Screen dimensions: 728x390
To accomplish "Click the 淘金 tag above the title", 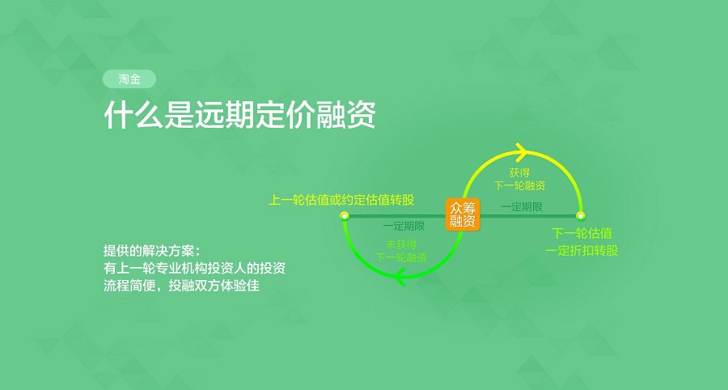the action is tap(129, 79).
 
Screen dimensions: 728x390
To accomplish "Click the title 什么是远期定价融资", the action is tap(239, 114).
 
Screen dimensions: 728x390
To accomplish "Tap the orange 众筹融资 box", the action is tap(463, 214).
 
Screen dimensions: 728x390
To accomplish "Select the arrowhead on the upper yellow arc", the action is tap(522, 150).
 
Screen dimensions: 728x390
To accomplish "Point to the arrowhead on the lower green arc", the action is tap(400, 278).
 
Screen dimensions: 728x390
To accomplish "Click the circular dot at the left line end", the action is tap(345, 216).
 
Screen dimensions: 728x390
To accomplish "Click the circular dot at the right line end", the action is tap(580, 216).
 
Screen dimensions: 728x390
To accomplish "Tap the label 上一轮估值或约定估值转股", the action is tap(341, 200).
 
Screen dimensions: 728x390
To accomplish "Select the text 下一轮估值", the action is tap(582, 233).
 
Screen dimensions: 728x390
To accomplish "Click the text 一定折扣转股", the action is tap(582, 251).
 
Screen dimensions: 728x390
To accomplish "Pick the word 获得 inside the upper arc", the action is tap(519, 172).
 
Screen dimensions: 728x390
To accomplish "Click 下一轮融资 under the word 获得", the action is tap(519, 186).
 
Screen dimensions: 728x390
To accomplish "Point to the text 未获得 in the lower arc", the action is tap(400, 244).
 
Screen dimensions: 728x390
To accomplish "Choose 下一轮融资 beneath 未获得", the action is tap(400, 257).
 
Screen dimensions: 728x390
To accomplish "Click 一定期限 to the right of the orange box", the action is tap(522, 207).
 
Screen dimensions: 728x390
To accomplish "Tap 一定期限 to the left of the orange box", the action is tap(404, 226).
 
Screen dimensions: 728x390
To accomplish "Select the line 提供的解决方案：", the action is tap(152, 251).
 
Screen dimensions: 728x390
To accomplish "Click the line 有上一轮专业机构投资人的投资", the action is tap(194, 268).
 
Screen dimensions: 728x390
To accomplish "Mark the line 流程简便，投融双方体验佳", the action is tap(181, 285).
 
